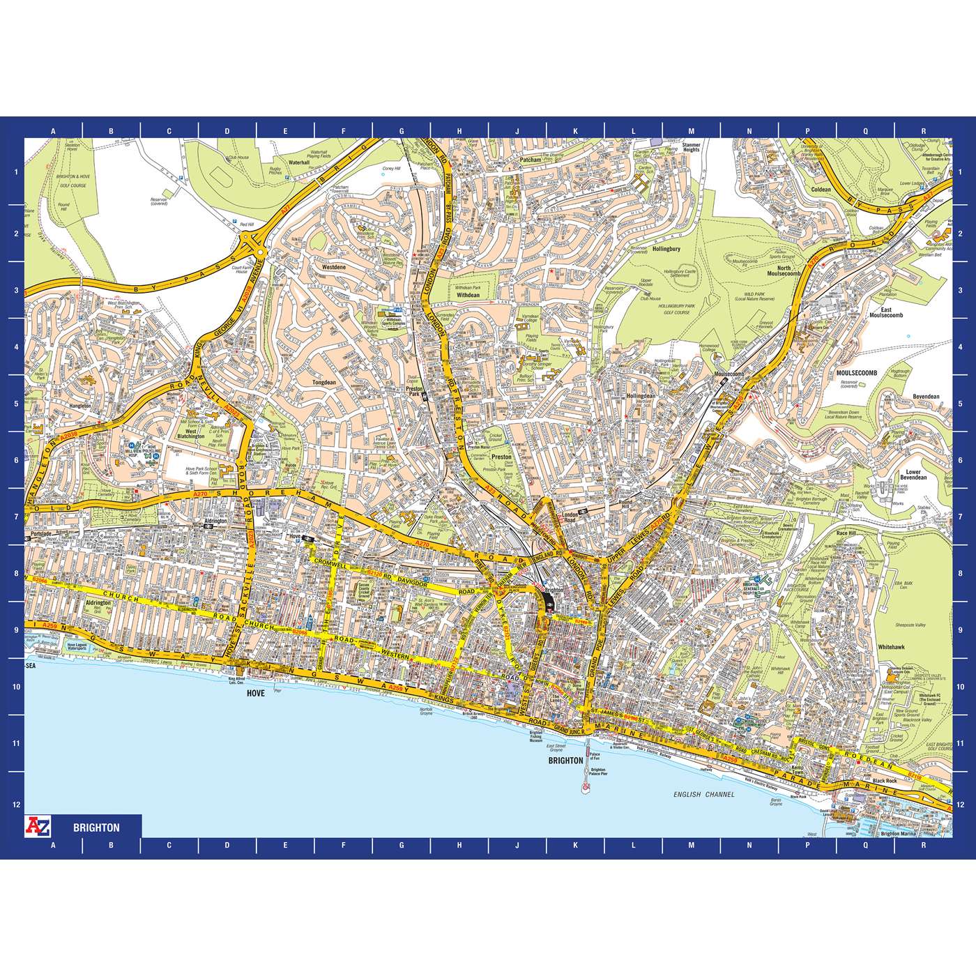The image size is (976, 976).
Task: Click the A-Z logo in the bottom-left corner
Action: [x=37, y=825]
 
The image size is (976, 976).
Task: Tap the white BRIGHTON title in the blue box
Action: [x=96, y=828]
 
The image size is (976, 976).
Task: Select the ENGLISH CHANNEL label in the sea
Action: [x=703, y=794]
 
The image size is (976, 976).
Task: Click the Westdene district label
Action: [x=334, y=267]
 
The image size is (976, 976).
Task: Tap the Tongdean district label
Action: [x=324, y=382]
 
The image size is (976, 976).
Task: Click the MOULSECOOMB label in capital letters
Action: [x=857, y=373]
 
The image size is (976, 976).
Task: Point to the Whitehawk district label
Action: [x=891, y=647]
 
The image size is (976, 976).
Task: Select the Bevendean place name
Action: [x=926, y=397]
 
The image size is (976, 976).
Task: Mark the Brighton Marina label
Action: [x=900, y=833]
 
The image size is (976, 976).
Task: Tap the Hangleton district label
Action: [x=80, y=404]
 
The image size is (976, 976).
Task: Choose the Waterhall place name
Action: [x=298, y=162]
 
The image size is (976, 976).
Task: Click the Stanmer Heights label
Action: [x=691, y=147]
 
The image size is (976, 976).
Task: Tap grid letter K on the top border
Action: [x=575, y=131]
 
